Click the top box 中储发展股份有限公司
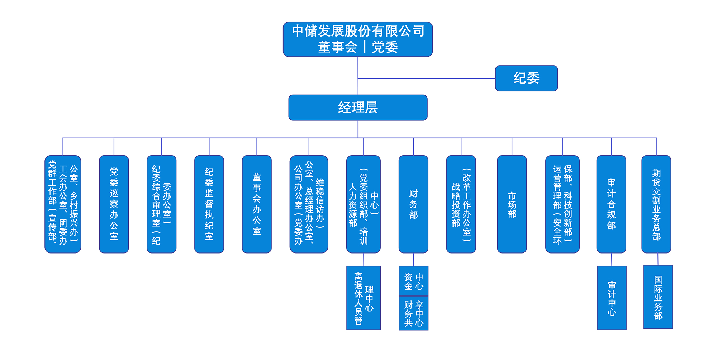[x=357, y=39]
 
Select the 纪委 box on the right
[x=526, y=78]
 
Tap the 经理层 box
[x=357, y=108]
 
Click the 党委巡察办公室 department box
[x=114, y=204]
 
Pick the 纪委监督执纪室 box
[x=209, y=204]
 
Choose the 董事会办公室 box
[x=257, y=204]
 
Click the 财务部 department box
[x=413, y=204]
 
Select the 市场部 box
[x=512, y=204]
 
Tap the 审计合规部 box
[x=611, y=204]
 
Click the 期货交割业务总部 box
[x=656, y=204]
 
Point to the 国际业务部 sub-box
[x=658, y=297]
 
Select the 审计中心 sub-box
[x=612, y=298]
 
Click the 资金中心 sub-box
[x=413, y=281]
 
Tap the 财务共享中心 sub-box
[x=413, y=313]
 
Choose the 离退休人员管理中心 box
[x=363, y=298]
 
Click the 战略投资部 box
[x=461, y=204]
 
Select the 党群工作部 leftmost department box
[x=63, y=204]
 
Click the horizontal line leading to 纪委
[x=427, y=78]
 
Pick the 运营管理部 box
[x=562, y=204]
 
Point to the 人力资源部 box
[x=363, y=204]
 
